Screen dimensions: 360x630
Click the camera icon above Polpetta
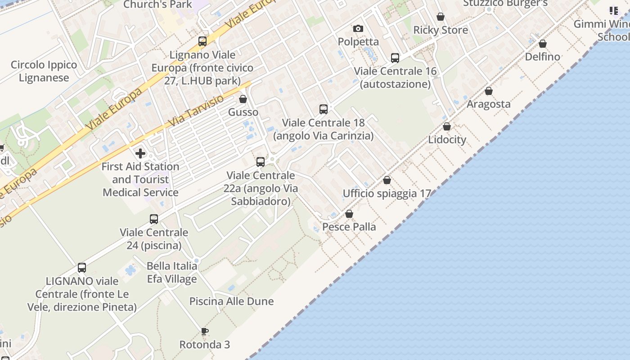click(x=358, y=29)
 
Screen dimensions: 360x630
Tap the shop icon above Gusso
click(x=243, y=99)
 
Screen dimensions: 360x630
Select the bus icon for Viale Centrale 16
click(x=395, y=58)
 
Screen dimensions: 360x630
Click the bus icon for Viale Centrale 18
click(x=323, y=109)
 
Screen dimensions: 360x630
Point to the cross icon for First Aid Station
click(x=140, y=153)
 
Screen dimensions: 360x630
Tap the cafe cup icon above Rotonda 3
click(x=205, y=332)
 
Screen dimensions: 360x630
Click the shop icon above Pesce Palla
click(x=349, y=214)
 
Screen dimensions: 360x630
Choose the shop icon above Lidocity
click(x=447, y=127)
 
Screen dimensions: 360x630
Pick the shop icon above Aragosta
click(x=489, y=91)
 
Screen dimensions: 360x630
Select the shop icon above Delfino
click(x=543, y=44)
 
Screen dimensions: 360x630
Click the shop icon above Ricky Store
click(x=441, y=17)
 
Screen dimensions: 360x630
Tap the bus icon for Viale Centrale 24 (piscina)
click(x=154, y=219)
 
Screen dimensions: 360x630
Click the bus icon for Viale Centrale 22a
click(x=260, y=162)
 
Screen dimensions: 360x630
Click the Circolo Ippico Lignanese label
click(x=44, y=71)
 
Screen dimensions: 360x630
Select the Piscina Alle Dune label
click(x=231, y=301)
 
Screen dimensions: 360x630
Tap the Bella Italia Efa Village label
click(x=172, y=272)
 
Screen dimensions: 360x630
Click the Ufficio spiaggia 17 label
click(x=387, y=193)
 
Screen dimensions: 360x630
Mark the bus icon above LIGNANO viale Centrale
click(x=82, y=268)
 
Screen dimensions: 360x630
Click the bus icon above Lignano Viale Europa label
click(x=202, y=41)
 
